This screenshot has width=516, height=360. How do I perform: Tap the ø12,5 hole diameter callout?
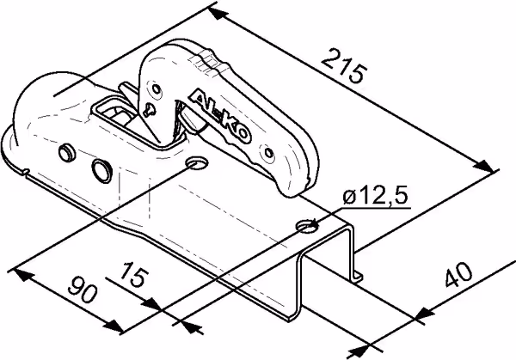click(x=375, y=196)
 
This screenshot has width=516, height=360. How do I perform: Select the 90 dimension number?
click(x=83, y=289)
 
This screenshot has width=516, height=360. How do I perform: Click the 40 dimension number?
click(x=458, y=274)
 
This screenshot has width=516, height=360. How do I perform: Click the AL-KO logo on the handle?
click(x=221, y=116)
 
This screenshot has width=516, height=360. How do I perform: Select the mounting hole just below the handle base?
click(x=197, y=162)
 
